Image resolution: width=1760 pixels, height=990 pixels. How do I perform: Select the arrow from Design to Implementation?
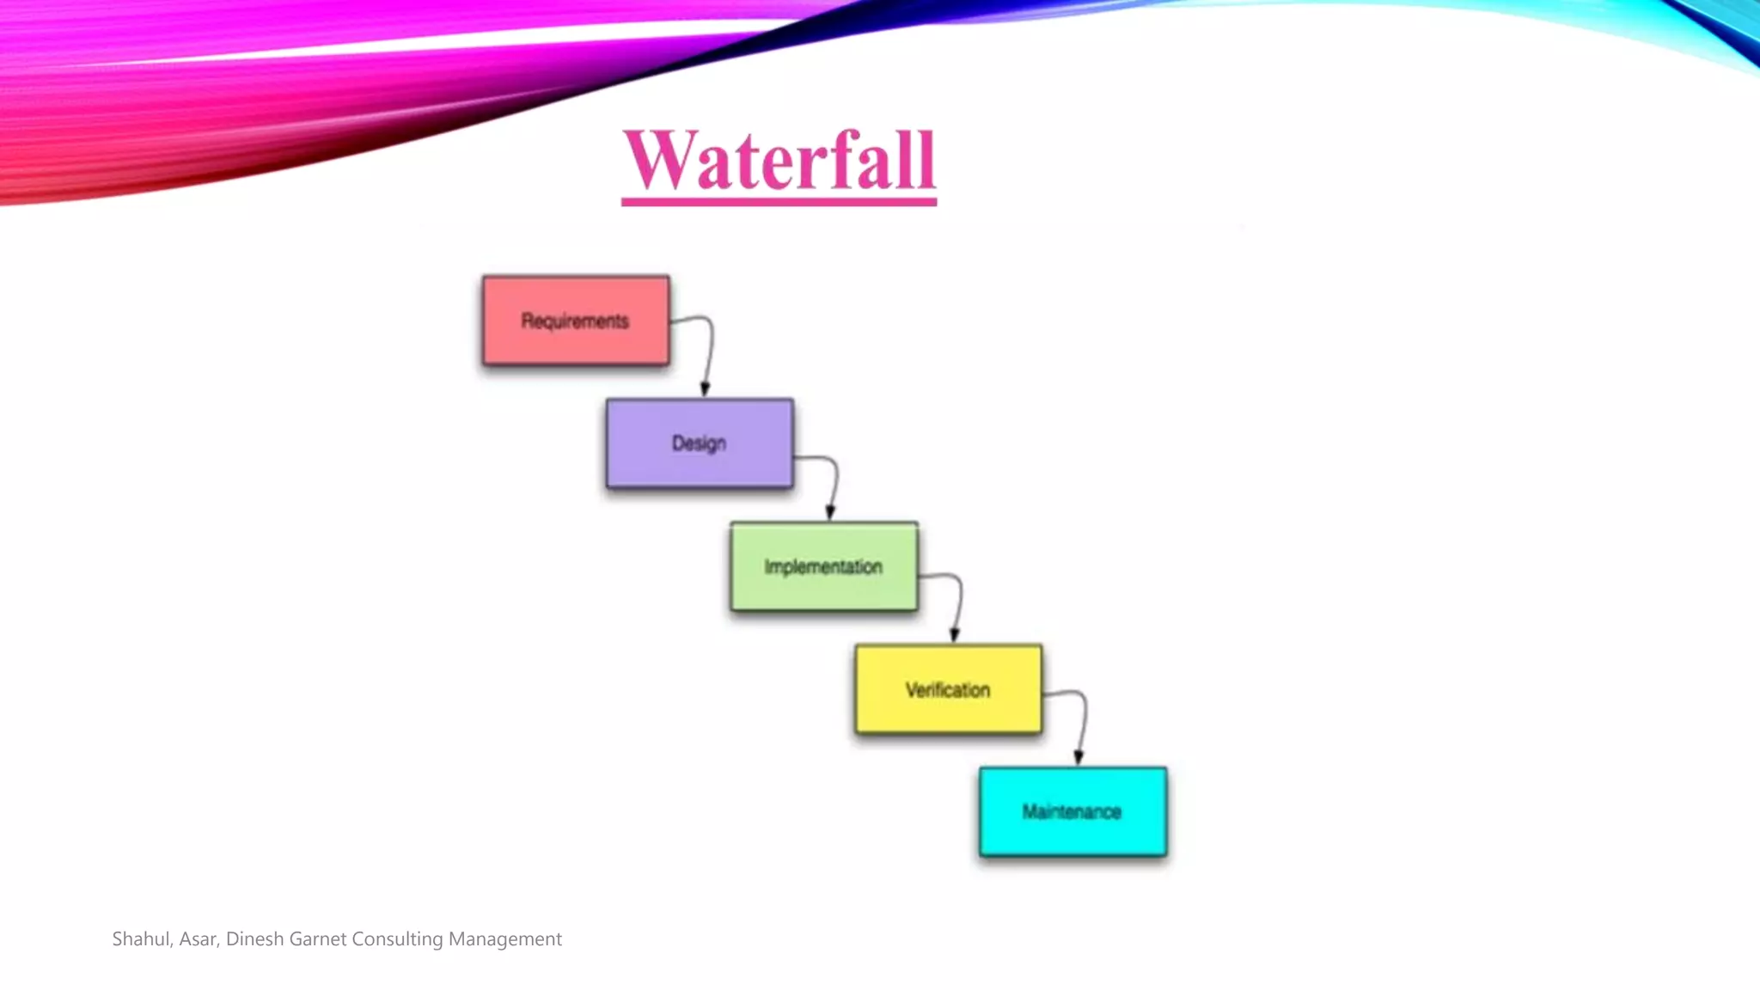coord(834,481)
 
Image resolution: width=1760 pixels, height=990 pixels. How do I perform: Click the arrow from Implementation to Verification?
coord(958,602)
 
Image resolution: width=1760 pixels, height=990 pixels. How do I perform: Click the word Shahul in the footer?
coord(141,939)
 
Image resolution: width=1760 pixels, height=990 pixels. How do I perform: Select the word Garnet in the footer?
coord(317,939)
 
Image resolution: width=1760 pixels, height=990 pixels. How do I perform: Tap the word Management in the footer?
coord(504,939)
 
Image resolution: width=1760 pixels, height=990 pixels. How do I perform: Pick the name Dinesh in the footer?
coord(254,939)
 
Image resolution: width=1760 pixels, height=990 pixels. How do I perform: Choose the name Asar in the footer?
coord(199,939)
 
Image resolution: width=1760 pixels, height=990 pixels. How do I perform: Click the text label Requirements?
coord(575,321)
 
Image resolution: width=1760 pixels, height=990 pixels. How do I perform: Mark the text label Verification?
coord(948,690)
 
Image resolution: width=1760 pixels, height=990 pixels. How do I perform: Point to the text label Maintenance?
coord(1072,812)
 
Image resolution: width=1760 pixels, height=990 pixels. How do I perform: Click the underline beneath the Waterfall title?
coord(779,202)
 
